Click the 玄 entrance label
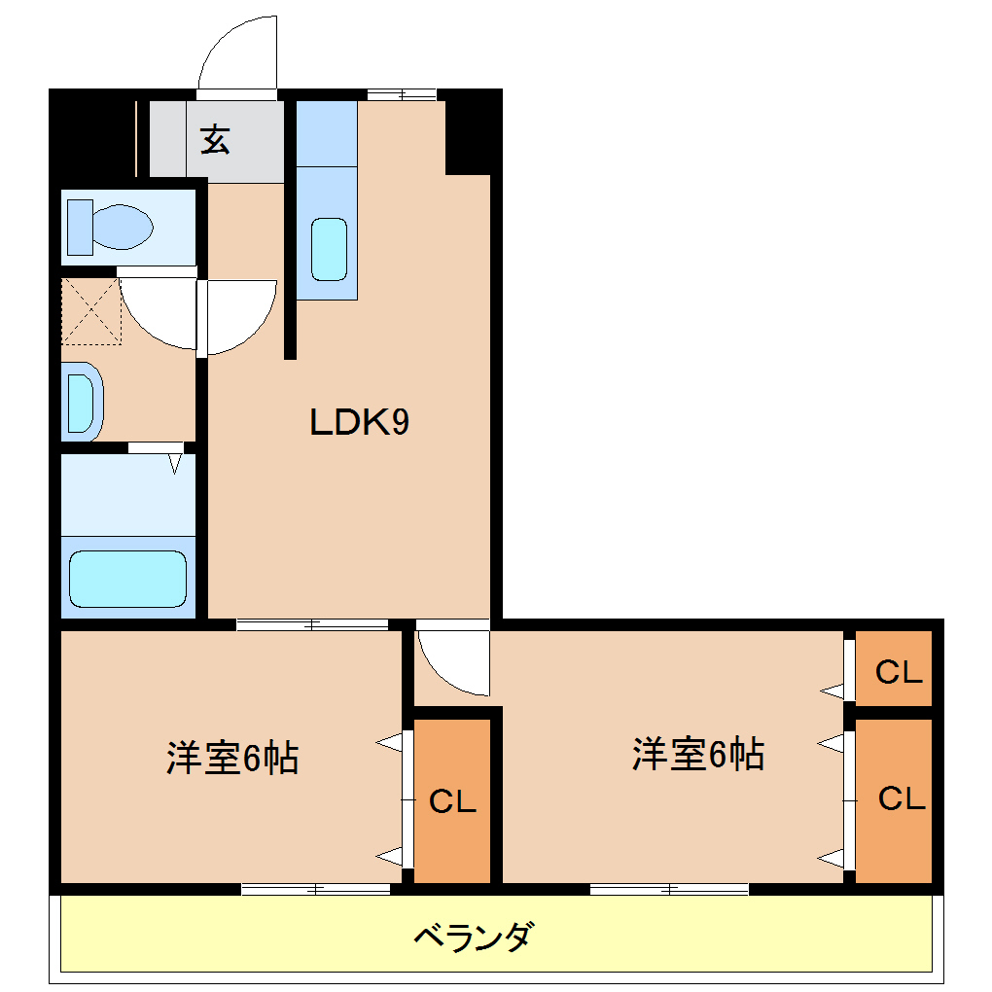pyautogui.click(x=216, y=141)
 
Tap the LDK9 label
pyautogui.click(x=359, y=422)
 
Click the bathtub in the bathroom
pyautogui.click(x=127, y=580)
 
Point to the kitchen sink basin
pyautogui.click(x=329, y=249)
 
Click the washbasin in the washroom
pyautogui.click(x=82, y=401)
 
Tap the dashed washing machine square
pyautogui.click(x=91, y=311)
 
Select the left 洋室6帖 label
pyautogui.click(x=232, y=758)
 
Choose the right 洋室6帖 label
pyautogui.click(x=697, y=754)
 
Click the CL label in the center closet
pyautogui.click(x=452, y=802)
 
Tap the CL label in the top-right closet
pyautogui.click(x=898, y=672)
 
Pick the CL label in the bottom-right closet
pyautogui.click(x=901, y=799)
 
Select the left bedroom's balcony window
pyautogui.click(x=316, y=888)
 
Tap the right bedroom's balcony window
pyautogui.click(x=669, y=888)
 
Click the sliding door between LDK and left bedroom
pyautogui.click(x=312, y=624)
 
